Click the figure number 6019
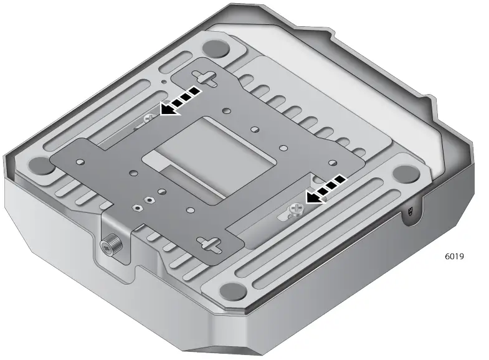point(454,256)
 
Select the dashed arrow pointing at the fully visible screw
point(325,189)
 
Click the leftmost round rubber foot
point(41,165)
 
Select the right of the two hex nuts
point(148,200)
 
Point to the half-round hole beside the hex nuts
point(161,193)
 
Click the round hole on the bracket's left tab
point(80,161)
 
